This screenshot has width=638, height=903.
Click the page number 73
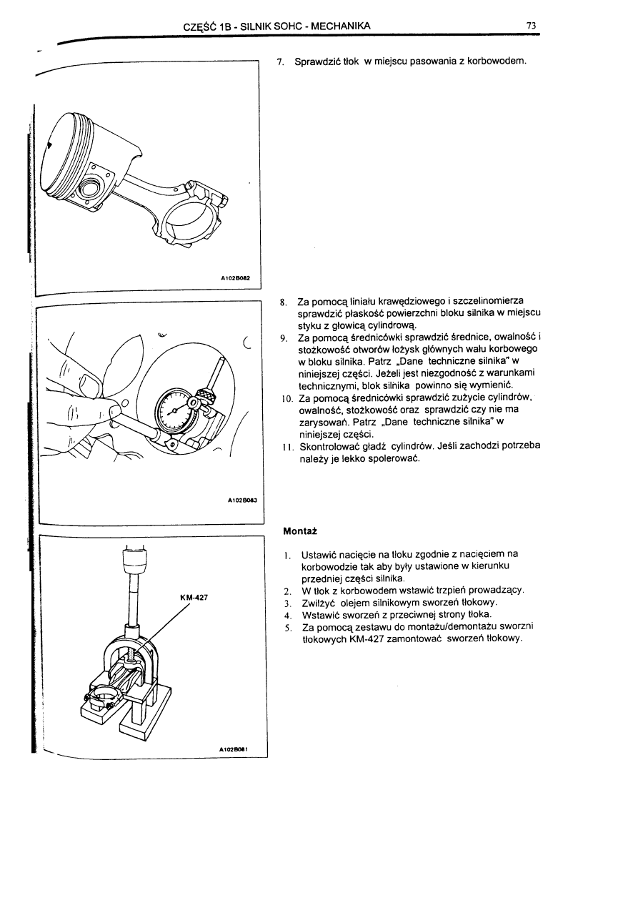point(531,26)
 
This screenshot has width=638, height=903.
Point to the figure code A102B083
point(236,501)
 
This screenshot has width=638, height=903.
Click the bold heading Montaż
point(299,532)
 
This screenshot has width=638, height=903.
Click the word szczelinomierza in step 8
point(489,302)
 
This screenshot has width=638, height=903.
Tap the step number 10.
point(285,398)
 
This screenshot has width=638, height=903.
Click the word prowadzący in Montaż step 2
point(493,590)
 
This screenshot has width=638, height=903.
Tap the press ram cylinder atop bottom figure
point(134,568)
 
